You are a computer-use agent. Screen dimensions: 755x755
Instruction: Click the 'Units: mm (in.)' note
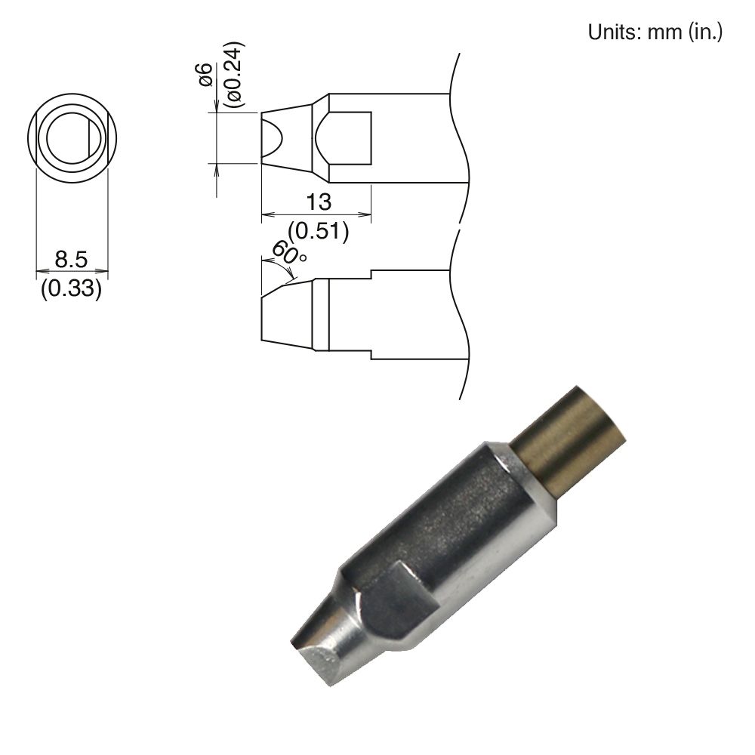(655, 32)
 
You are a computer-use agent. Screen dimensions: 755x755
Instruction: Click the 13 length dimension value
(318, 202)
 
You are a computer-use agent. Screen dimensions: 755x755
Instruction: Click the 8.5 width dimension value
(72, 260)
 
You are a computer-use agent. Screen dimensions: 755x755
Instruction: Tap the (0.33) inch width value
(71, 289)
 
